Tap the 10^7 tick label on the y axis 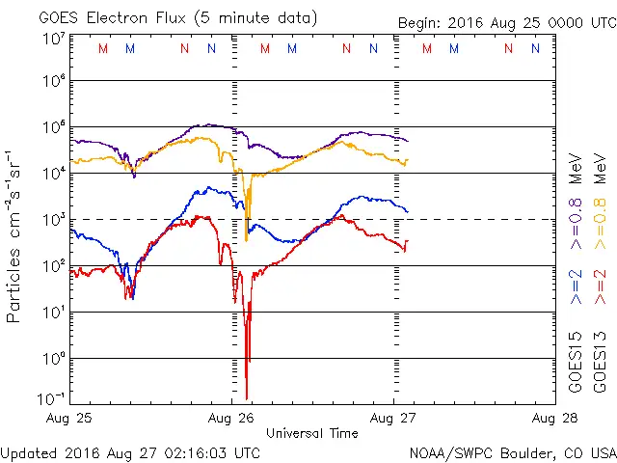tap(53, 40)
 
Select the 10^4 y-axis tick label tap(53, 174)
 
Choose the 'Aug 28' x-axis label tap(552, 418)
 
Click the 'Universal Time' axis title tap(312, 433)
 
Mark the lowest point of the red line tap(247, 397)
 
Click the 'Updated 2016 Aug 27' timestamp tap(130, 451)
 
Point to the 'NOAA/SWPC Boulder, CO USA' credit tap(512, 451)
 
